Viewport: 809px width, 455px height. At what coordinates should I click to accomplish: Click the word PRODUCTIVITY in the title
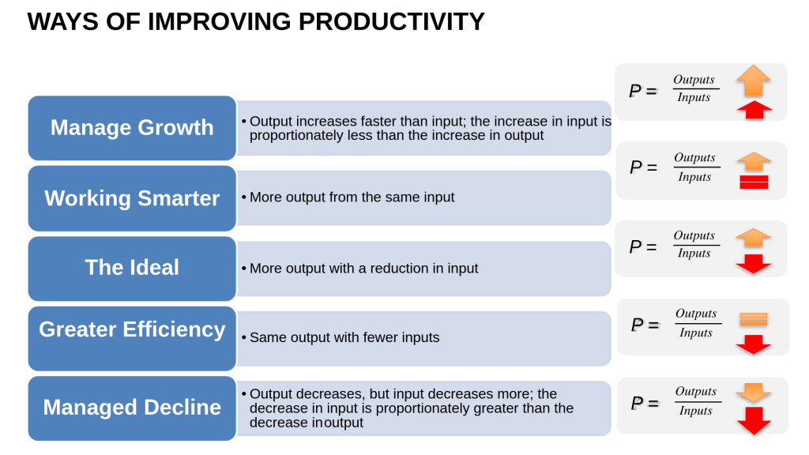click(392, 21)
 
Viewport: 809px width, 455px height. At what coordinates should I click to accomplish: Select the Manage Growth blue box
click(132, 128)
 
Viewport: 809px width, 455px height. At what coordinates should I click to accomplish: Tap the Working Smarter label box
click(132, 198)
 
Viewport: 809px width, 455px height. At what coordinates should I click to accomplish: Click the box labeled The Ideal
click(132, 269)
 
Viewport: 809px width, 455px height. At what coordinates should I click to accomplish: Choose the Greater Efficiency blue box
click(132, 338)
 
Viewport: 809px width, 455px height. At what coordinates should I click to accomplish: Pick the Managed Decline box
click(132, 408)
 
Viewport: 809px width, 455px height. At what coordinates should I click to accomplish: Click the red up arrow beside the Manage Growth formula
click(754, 110)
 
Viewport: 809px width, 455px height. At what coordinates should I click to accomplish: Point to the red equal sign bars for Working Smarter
click(754, 182)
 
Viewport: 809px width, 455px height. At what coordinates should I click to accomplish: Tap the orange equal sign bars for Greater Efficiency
click(753, 319)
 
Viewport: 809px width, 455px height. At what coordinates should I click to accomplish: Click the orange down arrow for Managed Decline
click(753, 393)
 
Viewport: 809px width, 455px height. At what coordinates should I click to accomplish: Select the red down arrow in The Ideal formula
click(753, 264)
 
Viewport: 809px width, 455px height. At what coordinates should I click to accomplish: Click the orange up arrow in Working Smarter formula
click(754, 161)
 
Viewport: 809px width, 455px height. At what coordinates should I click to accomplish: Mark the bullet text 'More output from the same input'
click(352, 197)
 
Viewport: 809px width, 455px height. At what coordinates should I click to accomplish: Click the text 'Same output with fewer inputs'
click(344, 337)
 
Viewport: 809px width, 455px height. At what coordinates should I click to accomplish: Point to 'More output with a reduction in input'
click(363, 269)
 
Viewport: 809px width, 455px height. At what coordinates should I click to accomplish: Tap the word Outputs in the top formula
click(694, 80)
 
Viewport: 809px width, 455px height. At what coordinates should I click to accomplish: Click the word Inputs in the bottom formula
click(695, 411)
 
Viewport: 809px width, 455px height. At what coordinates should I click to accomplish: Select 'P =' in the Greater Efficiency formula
click(645, 325)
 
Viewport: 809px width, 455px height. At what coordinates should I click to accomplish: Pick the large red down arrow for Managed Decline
click(754, 421)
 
